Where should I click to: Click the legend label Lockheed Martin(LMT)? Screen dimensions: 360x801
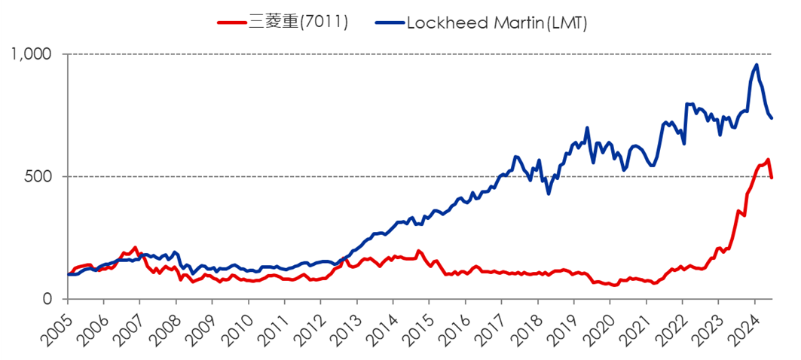[x=496, y=23]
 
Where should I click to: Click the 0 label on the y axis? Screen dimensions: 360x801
[x=49, y=299]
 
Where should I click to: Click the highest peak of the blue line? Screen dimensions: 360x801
[x=757, y=64]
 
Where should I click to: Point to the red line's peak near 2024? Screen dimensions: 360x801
[x=768, y=160]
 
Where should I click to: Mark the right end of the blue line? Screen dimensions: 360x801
[x=772, y=118]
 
